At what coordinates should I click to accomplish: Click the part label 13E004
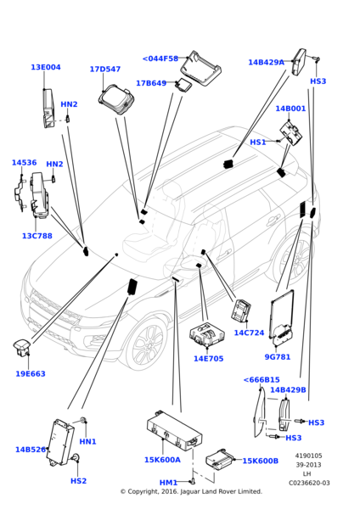click(46, 67)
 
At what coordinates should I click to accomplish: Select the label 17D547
click(105, 70)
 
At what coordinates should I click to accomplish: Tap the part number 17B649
click(151, 83)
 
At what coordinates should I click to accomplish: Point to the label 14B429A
click(266, 62)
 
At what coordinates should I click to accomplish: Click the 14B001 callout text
click(290, 109)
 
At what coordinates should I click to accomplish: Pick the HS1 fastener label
click(258, 143)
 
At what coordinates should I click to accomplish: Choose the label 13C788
click(37, 236)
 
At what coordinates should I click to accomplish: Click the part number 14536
click(25, 162)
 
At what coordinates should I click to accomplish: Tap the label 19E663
click(31, 373)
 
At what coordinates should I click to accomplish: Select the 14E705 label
click(209, 358)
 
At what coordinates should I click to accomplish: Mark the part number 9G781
click(278, 357)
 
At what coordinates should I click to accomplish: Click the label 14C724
click(250, 333)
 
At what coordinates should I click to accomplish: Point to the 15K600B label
click(261, 461)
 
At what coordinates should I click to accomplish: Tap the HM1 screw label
click(168, 483)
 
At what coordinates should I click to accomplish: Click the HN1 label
click(87, 441)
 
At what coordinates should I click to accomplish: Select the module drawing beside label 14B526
click(60, 443)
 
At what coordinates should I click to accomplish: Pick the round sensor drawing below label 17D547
click(116, 99)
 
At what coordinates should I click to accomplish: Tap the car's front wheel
click(145, 344)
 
